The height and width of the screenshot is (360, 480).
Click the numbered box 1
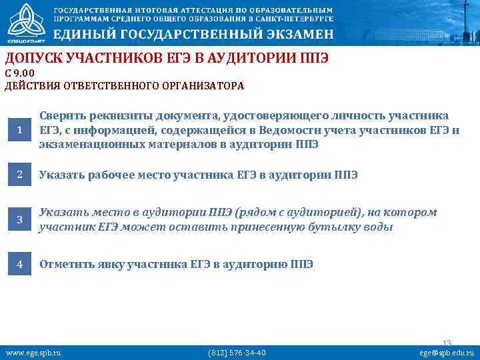point(19,129)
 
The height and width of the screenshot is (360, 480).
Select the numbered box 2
point(19,175)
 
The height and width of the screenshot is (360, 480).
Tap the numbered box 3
point(19,219)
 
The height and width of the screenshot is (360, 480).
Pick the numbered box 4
point(19,264)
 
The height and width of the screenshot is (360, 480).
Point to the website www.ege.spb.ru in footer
point(33,352)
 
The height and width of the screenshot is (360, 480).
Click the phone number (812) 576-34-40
point(237,352)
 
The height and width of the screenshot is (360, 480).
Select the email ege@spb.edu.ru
point(446,352)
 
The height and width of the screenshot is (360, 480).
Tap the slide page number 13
point(447,343)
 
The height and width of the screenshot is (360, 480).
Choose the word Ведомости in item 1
point(295,129)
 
